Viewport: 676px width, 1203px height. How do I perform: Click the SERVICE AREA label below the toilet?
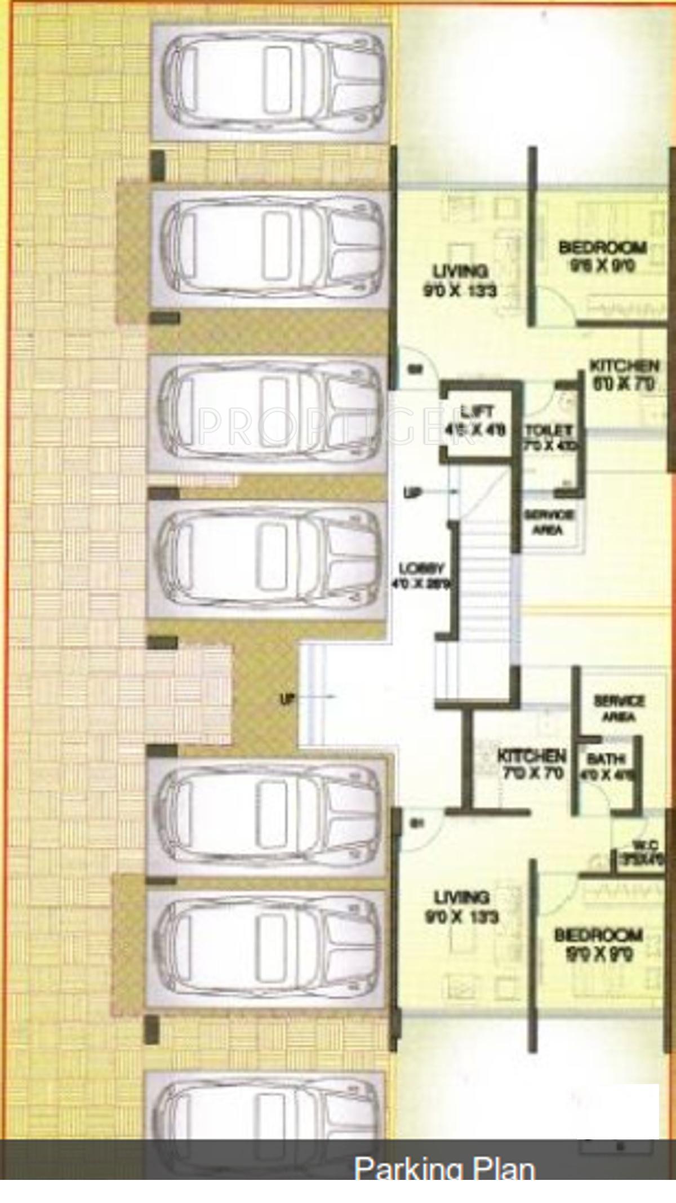(549, 522)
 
